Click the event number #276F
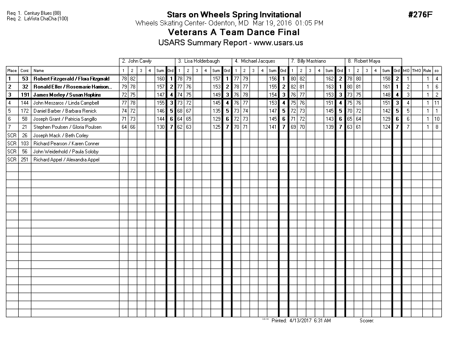420,15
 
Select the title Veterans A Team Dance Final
233,32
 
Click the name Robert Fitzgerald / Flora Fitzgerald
71,79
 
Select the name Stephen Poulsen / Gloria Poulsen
67,127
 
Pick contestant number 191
25,95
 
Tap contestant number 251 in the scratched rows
25,160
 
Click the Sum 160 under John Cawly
161,79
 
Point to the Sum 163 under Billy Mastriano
330,87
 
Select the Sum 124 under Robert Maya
386,127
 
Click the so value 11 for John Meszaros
436,103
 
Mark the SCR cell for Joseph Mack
12,136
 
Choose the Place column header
12,71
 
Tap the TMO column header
416,71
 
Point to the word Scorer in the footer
366,321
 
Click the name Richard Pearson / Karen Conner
66,144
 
